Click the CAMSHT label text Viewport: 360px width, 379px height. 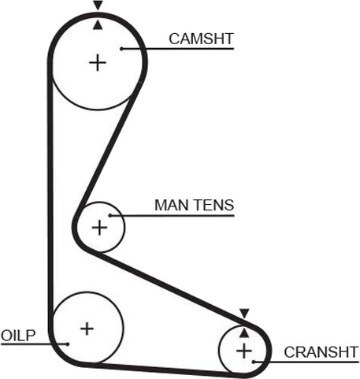201,39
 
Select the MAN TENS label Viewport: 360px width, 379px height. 194,205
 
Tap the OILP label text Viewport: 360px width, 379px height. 18,336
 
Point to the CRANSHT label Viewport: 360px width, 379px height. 321,352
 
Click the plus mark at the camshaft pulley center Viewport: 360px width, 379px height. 98,63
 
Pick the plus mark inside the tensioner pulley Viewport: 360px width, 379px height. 99,228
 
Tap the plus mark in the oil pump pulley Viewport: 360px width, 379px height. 87,329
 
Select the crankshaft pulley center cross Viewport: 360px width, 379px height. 244,351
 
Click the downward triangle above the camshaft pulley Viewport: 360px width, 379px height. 98,6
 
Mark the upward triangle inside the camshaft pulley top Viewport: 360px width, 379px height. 98,25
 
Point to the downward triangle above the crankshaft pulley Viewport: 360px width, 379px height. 244,314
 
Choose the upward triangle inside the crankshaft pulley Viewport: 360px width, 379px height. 244,333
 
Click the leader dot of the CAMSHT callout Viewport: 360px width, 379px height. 121,49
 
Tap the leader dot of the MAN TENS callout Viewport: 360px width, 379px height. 110,215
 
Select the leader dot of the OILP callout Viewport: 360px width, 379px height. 68,344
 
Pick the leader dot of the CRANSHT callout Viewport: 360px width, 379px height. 254,362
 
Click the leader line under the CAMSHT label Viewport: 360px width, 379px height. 177,49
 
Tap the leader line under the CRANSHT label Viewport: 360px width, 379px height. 306,362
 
